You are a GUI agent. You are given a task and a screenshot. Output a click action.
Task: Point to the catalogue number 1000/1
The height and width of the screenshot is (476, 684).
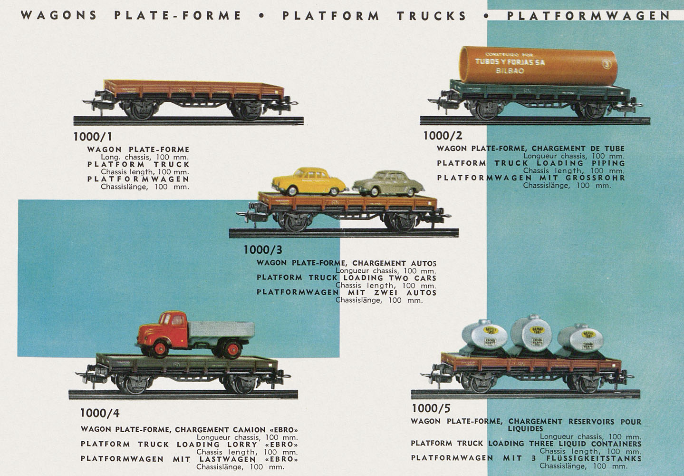coord(93,137)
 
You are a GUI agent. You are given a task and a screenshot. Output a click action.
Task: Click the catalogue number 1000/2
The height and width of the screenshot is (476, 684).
coord(443,136)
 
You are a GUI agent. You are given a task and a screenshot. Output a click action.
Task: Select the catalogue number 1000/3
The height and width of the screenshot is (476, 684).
coord(263,249)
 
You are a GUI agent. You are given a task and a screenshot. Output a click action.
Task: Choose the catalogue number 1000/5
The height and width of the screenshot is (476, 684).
coord(431,408)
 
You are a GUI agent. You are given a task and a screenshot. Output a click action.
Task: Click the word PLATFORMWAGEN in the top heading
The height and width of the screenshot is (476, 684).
coord(588,15)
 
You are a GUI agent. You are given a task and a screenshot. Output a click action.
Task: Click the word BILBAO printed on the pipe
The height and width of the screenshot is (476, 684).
coord(510,71)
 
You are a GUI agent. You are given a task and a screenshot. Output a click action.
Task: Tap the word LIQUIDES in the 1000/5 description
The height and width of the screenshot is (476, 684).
coord(525,429)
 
